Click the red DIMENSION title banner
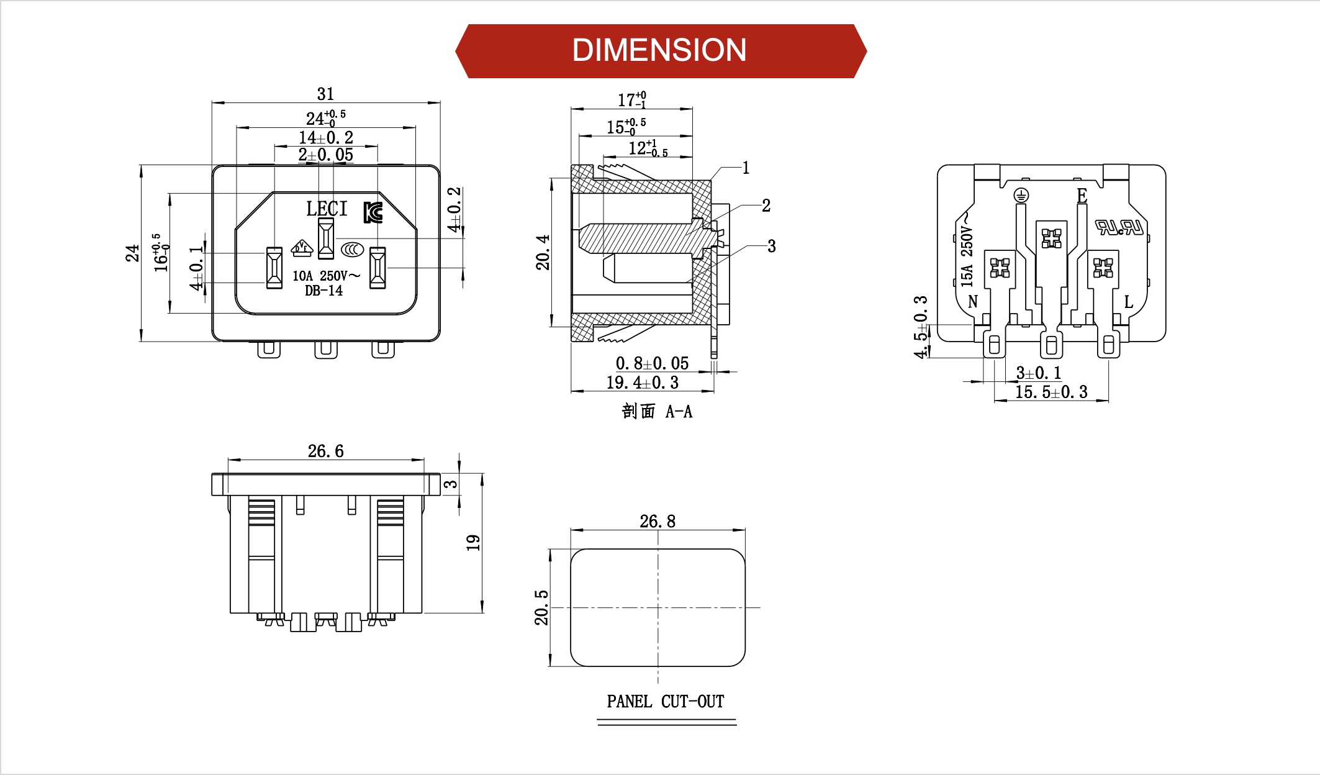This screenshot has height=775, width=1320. point(660,51)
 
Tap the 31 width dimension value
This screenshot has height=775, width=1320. point(325,94)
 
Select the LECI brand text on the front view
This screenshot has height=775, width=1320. point(327,209)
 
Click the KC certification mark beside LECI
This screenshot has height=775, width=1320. point(373,212)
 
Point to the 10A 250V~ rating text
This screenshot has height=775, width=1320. point(325,276)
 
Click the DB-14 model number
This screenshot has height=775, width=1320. point(323,291)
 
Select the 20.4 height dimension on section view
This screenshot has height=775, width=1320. point(543,252)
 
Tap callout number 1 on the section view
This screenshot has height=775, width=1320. point(746,168)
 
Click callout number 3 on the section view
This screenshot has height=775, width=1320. point(771,246)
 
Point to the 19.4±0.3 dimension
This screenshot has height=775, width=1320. point(642,383)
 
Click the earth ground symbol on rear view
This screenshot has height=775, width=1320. point(1021,196)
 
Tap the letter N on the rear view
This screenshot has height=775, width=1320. point(972,302)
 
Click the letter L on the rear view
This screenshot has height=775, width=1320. point(1128,302)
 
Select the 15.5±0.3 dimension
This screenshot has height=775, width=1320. point(1051,392)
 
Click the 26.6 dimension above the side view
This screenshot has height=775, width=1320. point(325,451)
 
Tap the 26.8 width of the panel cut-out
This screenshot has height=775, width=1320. point(658,521)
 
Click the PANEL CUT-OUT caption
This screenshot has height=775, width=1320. point(666,702)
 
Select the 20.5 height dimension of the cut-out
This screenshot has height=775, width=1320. point(541,607)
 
